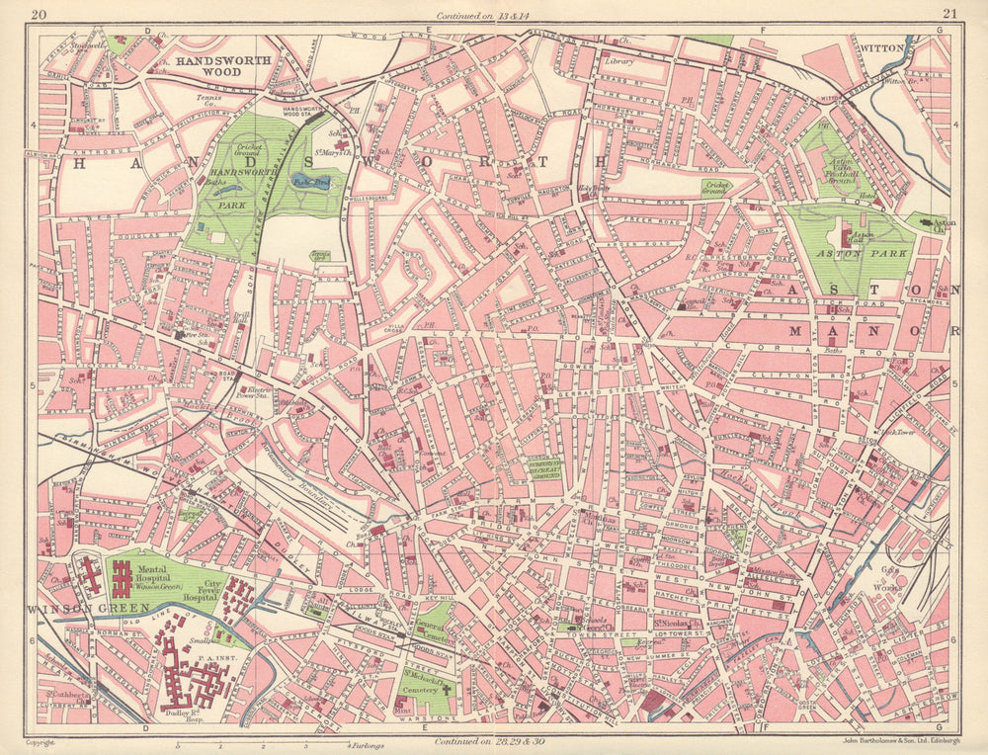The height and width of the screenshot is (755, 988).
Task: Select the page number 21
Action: point(949,14)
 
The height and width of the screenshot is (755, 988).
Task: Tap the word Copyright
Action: point(40,741)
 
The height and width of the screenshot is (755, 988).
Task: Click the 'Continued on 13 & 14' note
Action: point(494,15)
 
